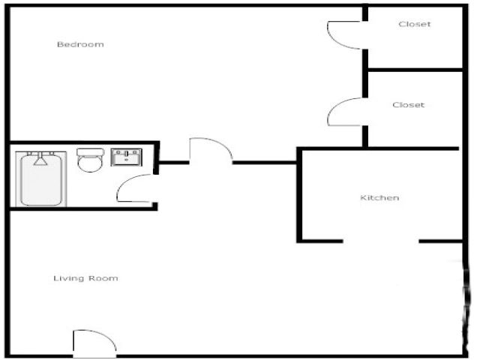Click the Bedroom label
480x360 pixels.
pos(80,44)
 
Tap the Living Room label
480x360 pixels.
pos(85,278)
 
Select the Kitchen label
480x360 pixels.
pos(379,198)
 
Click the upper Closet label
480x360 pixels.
pos(415,24)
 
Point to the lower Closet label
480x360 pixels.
pos(408,105)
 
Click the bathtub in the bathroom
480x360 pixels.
pos(41,178)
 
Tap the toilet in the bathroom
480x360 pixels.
pos(90,160)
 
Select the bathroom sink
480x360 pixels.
pos(127,157)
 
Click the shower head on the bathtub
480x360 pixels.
pos(40,160)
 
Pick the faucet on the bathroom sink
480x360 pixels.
pos(127,154)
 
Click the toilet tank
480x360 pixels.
pos(90,151)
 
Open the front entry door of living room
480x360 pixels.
pos(94,343)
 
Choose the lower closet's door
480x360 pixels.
pos(345,112)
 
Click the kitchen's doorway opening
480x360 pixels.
pos(381,241)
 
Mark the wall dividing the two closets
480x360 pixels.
pos(415,70)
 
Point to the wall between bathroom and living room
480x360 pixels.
pos(83,208)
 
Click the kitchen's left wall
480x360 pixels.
pos(299,195)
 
